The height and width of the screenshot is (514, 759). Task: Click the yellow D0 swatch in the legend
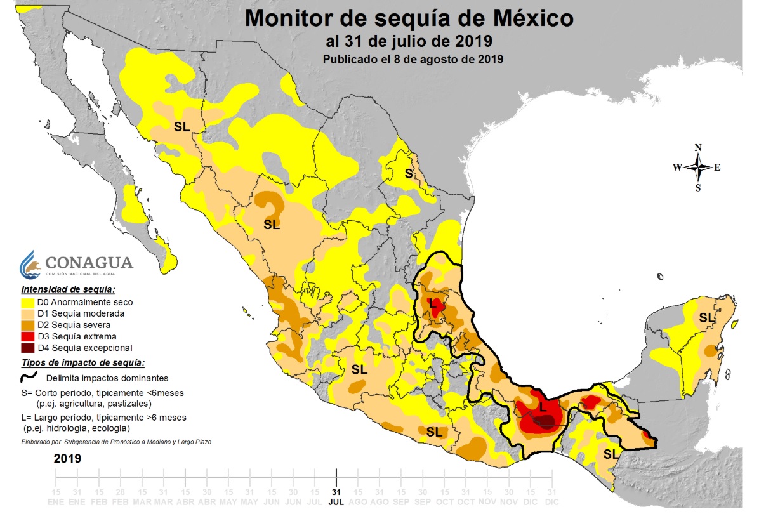click(x=28, y=303)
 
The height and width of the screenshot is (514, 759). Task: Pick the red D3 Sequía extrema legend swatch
click(x=28, y=337)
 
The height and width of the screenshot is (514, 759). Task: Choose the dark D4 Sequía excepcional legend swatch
click(x=28, y=348)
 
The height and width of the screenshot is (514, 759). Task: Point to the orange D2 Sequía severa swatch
click(x=28, y=326)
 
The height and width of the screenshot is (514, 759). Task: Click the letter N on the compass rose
click(x=698, y=148)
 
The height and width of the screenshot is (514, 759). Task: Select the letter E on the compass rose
click(x=717, y=168)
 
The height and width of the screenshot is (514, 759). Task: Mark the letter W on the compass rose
click(x=677, y=168)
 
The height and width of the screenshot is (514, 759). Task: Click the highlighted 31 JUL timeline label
click(x=336, y=497)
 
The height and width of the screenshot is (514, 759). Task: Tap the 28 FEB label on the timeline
click(x=120, y=497)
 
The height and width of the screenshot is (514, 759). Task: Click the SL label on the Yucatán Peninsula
click(x=706, y=317)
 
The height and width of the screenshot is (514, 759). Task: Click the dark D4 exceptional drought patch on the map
click(x=545, y=421)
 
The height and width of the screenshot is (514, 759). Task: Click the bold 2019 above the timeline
click(x=67, y=458)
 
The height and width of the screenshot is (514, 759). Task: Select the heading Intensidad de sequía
click(x=67, y=289)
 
